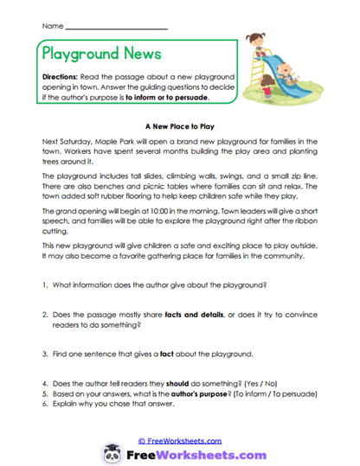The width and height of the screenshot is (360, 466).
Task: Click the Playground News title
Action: pos(102,53)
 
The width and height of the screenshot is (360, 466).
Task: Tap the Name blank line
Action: pos(116,28)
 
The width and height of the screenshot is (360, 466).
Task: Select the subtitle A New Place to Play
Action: pos(180,124)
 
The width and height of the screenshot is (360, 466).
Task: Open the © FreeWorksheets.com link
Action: pos(180,440)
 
